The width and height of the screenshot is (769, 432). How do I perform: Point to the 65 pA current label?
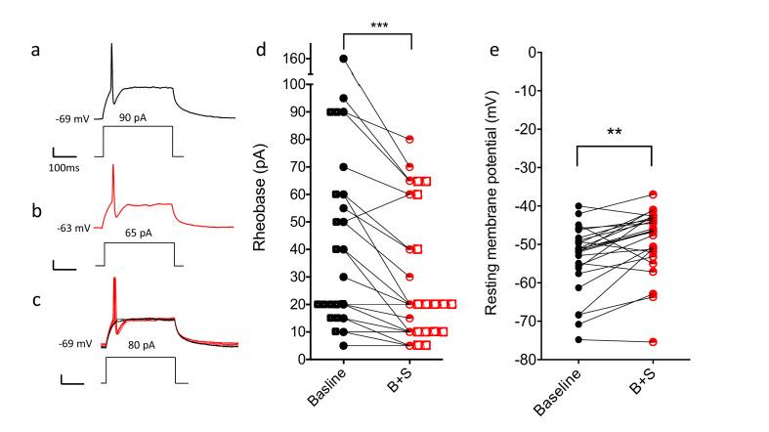click(x=137, y=236)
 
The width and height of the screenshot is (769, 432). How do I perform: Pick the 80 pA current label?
click(x=137, y=345)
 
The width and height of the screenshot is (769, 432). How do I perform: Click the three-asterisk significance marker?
click(x=377, y=25)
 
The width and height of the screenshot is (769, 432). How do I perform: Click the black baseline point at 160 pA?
click(x=344, y=59)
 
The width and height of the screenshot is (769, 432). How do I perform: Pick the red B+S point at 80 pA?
click(x=411, y=139)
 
